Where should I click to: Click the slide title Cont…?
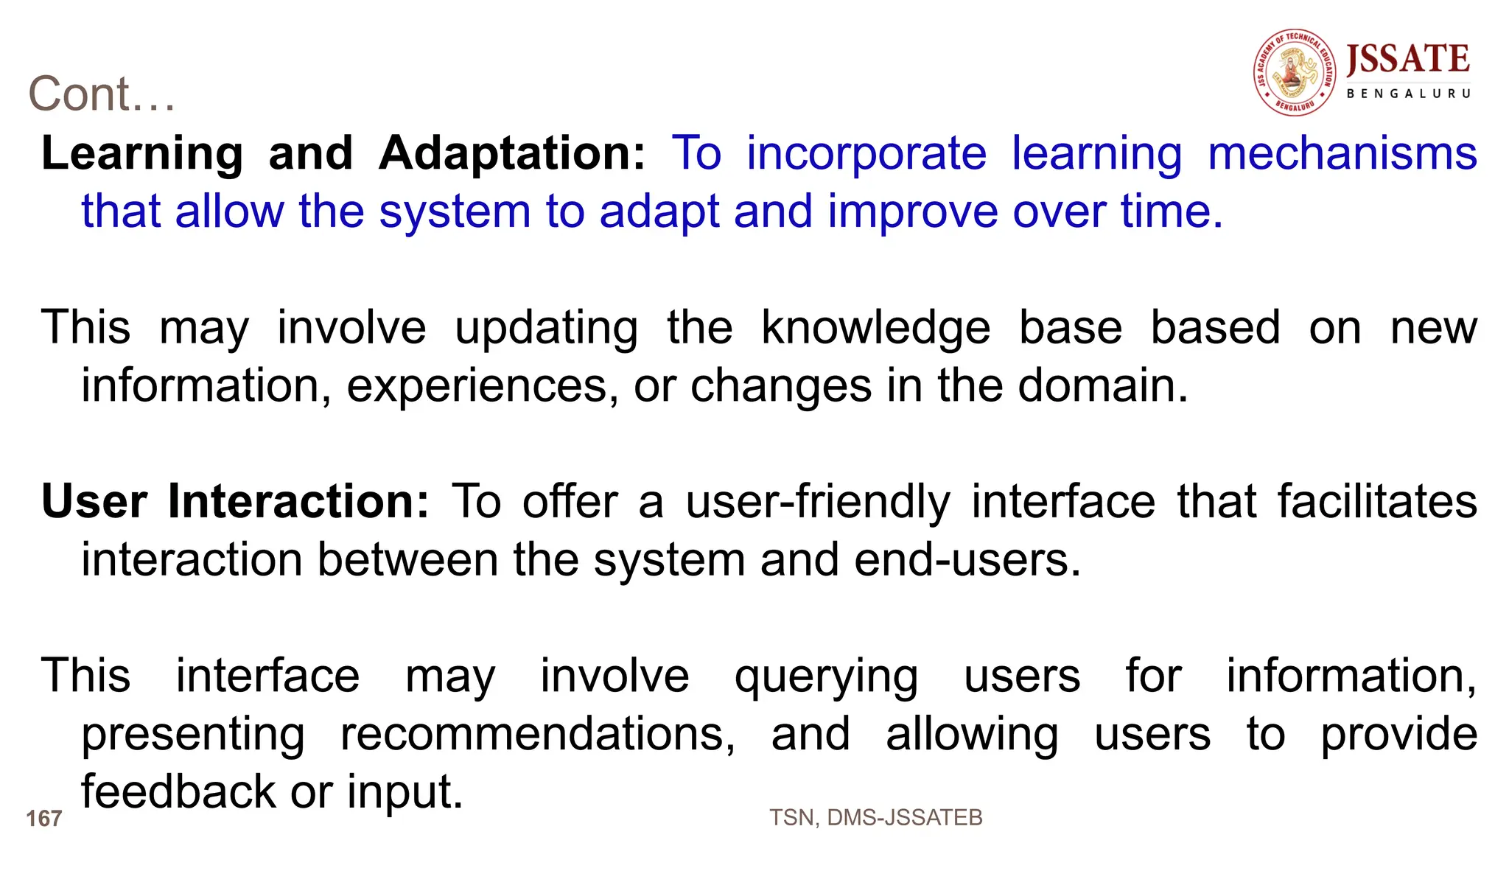102,94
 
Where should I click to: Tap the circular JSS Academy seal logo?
1295,73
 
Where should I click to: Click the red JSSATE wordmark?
1407,60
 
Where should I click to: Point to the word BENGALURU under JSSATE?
1408,94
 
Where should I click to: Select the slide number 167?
43,819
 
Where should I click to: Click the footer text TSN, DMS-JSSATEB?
875,817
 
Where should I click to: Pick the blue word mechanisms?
1342,153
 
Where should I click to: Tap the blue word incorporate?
866,153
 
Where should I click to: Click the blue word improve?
912,211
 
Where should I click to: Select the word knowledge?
875,328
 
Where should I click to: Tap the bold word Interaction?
298,502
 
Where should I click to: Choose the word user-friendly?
818,502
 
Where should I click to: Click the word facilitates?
1376,502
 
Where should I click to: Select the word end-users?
967,560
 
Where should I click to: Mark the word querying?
826,676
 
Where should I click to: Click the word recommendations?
537,734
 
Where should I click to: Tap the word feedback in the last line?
178,791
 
